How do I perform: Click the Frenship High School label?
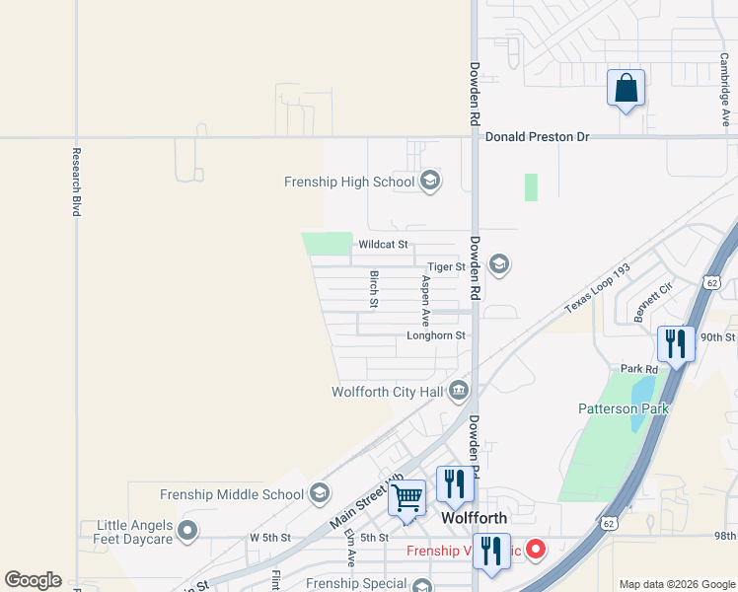pyautogui.click(x=348, y=182)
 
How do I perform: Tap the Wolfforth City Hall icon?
pyautogui.click(x=458, y=392)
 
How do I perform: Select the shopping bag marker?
pyautogui.click(x=626, y=89)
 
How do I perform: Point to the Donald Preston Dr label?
pyautogui.click(x=536, y=137)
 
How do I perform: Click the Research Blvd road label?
pyautogui.click(x=76, y=183)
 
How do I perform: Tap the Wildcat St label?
pyautogui.click(x=383, y=245)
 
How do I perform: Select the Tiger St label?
pyautogui.click(x=446, y=267)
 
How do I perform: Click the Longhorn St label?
pyautogui.click(x=435, y=336)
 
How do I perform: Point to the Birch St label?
pyautogui.click(x=374, y=288)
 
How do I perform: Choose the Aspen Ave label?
pyautogui.click(x=426, y=301)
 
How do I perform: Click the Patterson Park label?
pyautogui.click(x=623, y=408)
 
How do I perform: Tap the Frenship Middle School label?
pyautogui.click(x=231, y=494)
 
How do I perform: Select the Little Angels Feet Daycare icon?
pyautogui.click(x=188, y=532)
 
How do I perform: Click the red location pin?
pyautogui.click(x=536, y=548)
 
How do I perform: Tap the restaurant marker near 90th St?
pyautogui.click(x=676, y=344)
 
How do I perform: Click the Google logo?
pyautogui.click(x=33, y=580)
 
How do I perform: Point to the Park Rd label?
pyautogui.click(x=639, y=369)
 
